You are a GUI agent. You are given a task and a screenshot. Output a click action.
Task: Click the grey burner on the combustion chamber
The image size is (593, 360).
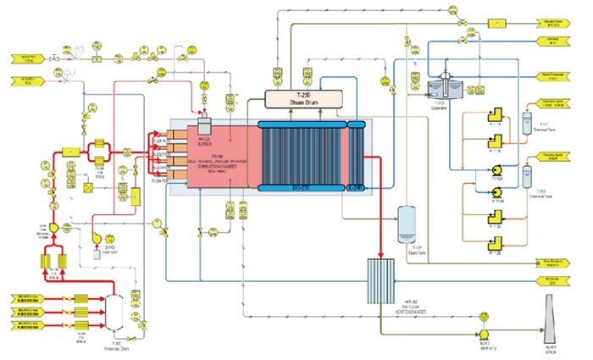click(x=202, y=125)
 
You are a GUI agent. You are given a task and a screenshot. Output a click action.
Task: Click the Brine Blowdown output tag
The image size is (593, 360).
click(x=554, y=263)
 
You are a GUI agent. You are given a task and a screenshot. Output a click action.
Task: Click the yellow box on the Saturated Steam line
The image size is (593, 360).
click(x=496, y=23)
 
